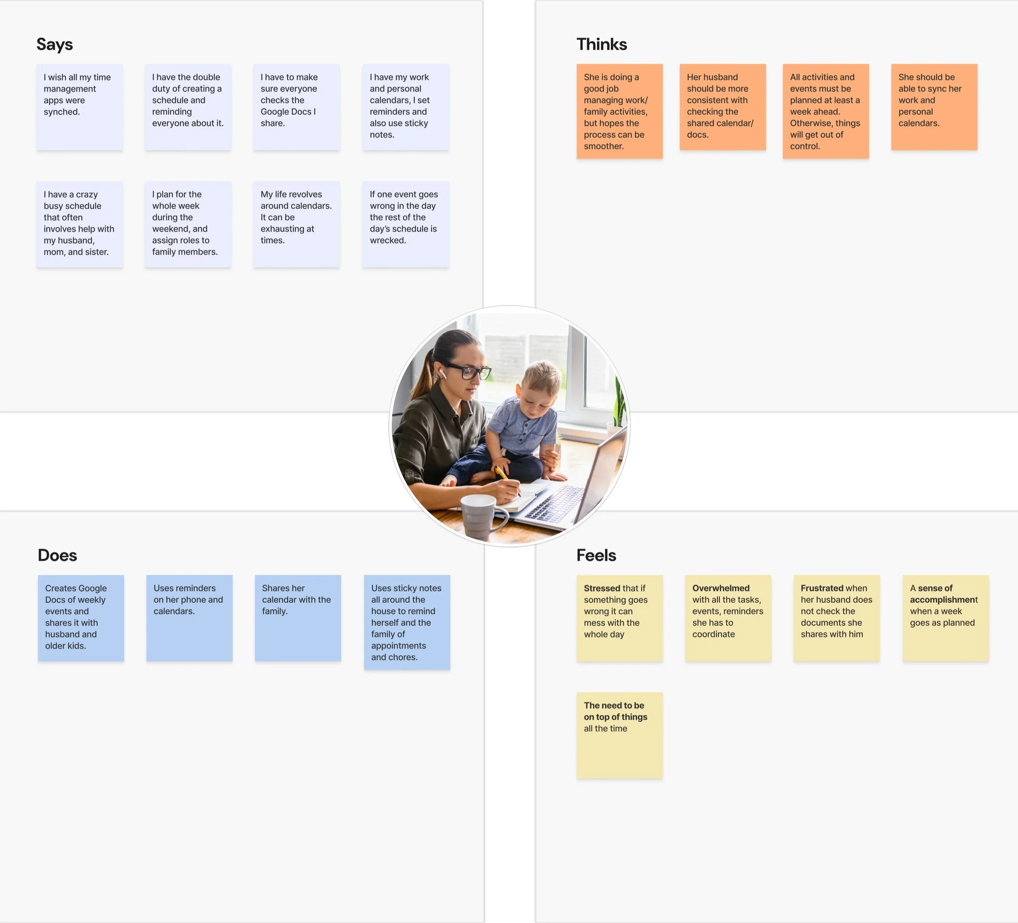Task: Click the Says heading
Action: pos(55,44)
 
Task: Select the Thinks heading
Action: pos(602,44)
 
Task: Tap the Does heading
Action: pos(57,555)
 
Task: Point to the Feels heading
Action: pos(596,555)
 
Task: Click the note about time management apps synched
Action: pos(79,107)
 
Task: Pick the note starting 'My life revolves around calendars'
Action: pos(296,224)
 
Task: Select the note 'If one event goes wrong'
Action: pos(405,224)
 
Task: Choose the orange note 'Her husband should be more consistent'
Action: pos(722,107)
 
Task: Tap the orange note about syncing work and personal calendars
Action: pos(934,107)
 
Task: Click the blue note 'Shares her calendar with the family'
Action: pos(298,618)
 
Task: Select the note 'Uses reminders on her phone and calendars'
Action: pos(189,618)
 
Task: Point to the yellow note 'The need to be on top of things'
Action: pos(619,735)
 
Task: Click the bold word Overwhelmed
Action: pos(720,588)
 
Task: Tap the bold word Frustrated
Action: pos(822,588)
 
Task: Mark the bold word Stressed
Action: pos(602,588)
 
